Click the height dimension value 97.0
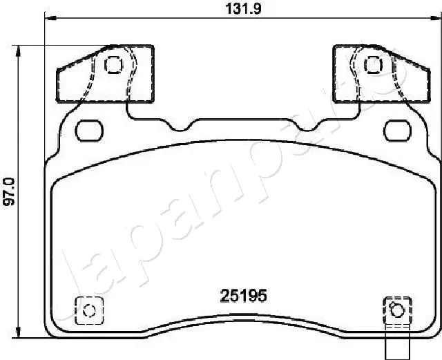[10, 191]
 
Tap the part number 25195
[243, 296]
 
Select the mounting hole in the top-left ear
[113, 65]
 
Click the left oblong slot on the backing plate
[87, 129]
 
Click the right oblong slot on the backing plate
[397, 129]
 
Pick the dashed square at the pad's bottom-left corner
[87, 309]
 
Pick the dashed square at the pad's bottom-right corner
[396, 309]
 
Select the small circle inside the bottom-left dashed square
[87, 310]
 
